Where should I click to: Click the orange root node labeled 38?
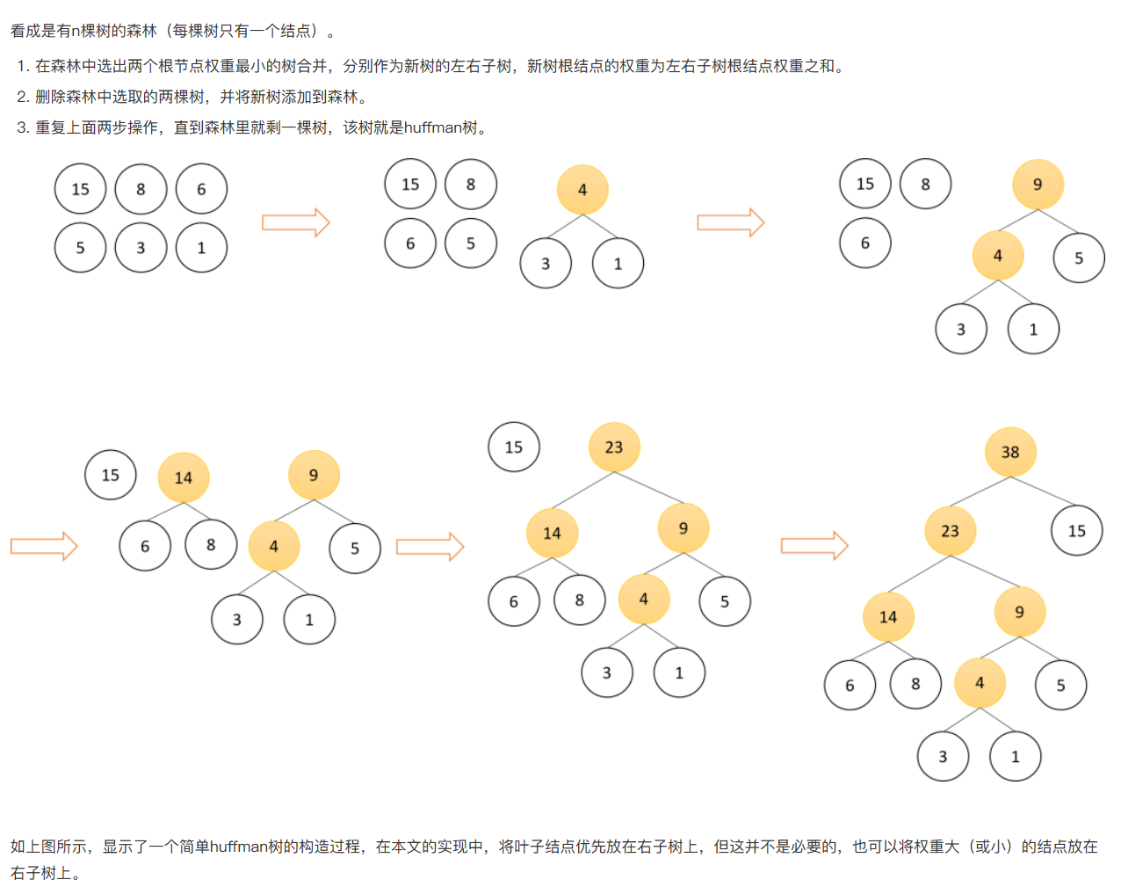(x=1010, y=452)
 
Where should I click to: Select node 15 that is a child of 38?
(x=1076, y=530)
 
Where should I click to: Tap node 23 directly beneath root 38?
(x=950, y=531)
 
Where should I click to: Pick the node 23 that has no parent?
(x=613, y=447)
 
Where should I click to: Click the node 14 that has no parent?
(x=183, y=477)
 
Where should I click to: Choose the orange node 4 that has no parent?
(x=582, y=189)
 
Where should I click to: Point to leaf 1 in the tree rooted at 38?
(x=1015, y=756)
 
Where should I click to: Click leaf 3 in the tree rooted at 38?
(x=943, y=756)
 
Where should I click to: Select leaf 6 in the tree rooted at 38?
(x=850, y=685)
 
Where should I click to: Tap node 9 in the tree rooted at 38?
(x=1019, y=612)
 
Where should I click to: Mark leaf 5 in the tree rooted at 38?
(x=1060, y=685)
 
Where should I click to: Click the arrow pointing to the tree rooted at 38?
(x=814, y=546)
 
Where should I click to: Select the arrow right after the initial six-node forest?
(x=295, y=222)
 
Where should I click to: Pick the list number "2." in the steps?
(x=23, y=97)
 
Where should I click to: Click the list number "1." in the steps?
(x=23, y=66)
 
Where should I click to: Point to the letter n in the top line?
(x=76, y=31)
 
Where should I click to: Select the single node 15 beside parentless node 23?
(x=513, y=447)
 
